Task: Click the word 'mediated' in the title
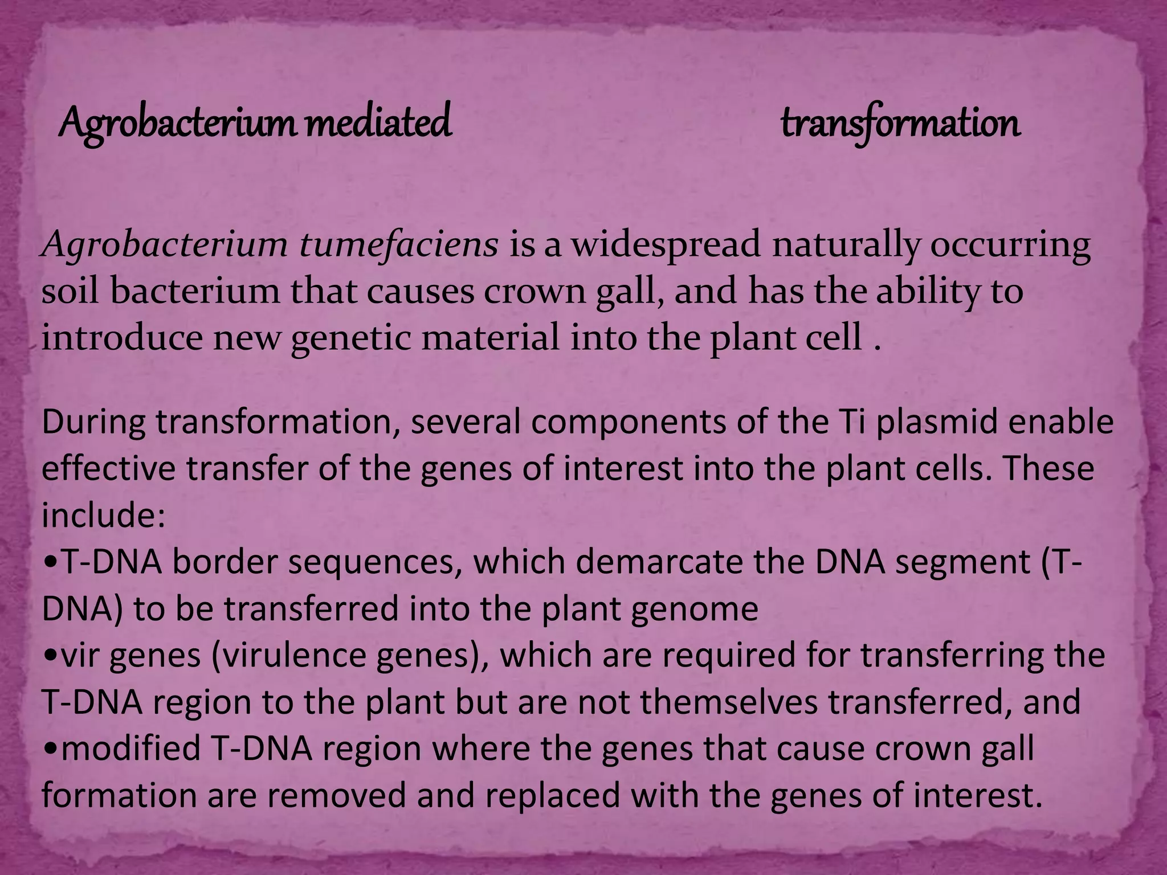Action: pyautogui.click(x=378, y=122)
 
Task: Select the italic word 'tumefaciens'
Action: pyautogui.click(x=399, y=245)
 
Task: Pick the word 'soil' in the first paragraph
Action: pyautogui.click(x=71, y=291)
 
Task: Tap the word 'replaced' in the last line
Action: pyautogui.click(x=553, y=795)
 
